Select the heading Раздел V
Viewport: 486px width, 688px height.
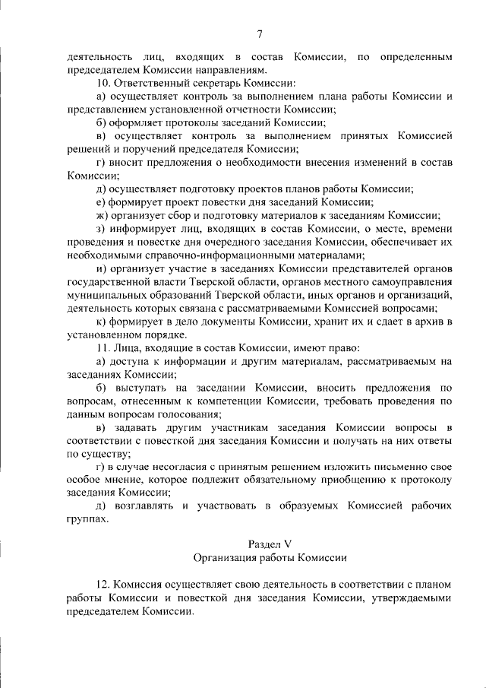(270, 544)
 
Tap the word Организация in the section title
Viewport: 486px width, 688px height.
(224, 557)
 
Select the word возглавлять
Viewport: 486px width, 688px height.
(144, 506)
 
